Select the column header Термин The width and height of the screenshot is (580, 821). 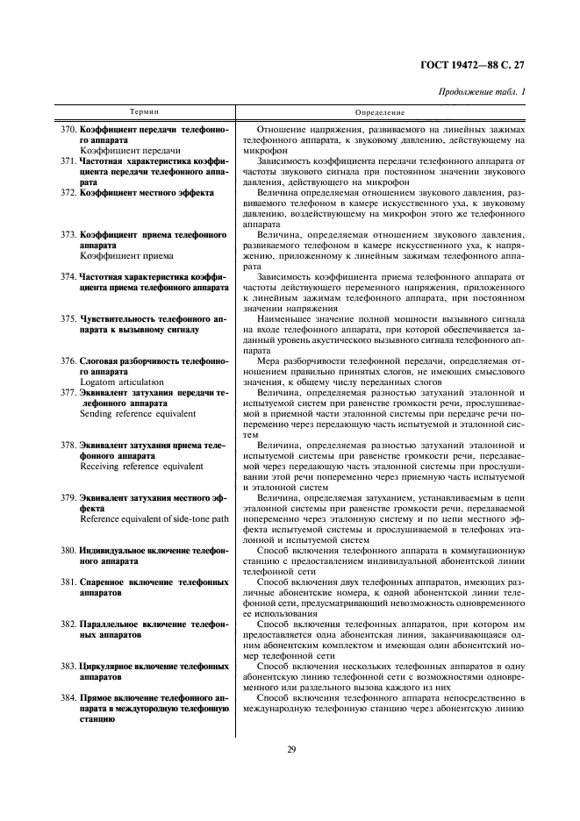(146, 113)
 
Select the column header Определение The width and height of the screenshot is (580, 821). (380, 113)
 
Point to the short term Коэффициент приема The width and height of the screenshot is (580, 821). (126, 255)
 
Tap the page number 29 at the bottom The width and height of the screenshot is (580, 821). (290, 748)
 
